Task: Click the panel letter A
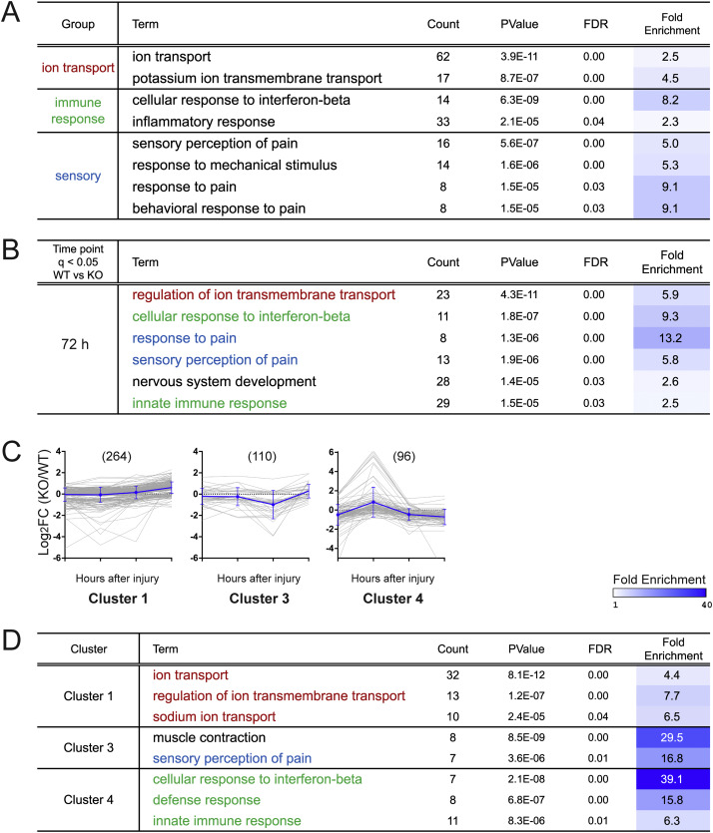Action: pos(10,12)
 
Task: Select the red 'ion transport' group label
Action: pos(78,68)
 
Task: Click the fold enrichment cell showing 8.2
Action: pos(671,100)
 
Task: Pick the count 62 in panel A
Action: pos(443,56)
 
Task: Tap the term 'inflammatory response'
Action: pos(204,122)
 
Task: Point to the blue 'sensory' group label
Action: pos(78,176)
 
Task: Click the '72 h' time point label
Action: pos(75,344)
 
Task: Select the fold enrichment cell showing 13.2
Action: pos(671,338)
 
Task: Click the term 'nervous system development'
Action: pos(224,381)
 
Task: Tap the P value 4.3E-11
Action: pos(519,295)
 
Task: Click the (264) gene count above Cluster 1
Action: pos(117,456)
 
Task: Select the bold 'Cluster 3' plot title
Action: pos(259,599)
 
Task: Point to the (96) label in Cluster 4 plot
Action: pos(403,456)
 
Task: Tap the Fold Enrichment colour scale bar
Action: pos(659,593)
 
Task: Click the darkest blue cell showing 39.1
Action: pos(673,779)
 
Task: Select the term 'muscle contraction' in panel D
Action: pos(209,737)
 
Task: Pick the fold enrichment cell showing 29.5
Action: pos(673,737)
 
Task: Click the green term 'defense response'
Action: pos(207,800)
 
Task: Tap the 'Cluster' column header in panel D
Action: pos(89,648)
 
